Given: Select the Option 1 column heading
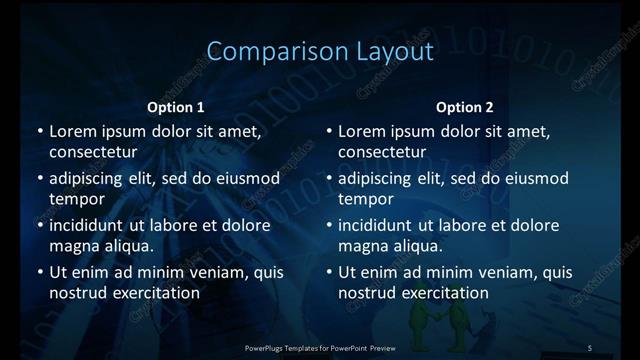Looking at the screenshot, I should pyautogui.click(x=176, y=107).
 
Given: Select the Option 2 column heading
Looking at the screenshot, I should pyautogui.click(x=465, y=107).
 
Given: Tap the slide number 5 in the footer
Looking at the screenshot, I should pyautogui.click(x=590, y=347).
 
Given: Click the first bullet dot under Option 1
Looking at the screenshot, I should pyautogui.click(x=38, y=132).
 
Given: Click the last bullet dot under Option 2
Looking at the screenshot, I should pyautogui.click(x=328, y=273).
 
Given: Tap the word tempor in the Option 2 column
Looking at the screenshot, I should pyautogui.click(x=365, y=198).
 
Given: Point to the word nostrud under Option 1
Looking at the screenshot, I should pyautogui.click(x=78, y=292).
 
